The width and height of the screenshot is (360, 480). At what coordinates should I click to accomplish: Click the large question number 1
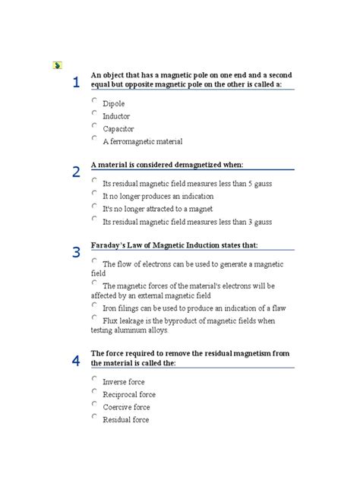tap(76, 82)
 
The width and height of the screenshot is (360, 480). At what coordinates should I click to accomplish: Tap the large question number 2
tap(76, 172)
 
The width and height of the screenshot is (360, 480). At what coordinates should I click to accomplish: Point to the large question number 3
tap(76, 253)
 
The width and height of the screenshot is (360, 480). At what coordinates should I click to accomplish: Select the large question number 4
tap(76, 361)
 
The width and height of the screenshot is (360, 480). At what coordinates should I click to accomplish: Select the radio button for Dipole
tap(94, 100)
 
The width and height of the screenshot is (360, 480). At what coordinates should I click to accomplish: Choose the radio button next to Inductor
tap(94, 113)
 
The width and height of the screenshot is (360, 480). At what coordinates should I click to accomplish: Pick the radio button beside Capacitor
tap(94, 125)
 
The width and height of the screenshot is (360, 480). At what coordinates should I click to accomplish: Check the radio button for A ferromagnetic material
tap(94, 138)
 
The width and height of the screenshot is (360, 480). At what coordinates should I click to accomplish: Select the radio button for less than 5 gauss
tap(94, 181)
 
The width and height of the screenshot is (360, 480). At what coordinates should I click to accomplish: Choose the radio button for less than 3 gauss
tap(94, 219)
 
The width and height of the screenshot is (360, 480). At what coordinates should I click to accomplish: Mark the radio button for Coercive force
tap(94, 404)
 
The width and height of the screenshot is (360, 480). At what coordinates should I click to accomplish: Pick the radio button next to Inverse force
tap(94, 378)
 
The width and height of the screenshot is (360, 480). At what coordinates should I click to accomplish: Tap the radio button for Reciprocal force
tap(94, 392)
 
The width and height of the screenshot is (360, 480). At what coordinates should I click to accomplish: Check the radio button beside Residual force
tap(94, 416)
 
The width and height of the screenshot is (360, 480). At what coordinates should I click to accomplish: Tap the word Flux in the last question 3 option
tap(111, 320)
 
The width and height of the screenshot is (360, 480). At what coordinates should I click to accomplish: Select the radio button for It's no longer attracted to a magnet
tap(94, 206)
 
